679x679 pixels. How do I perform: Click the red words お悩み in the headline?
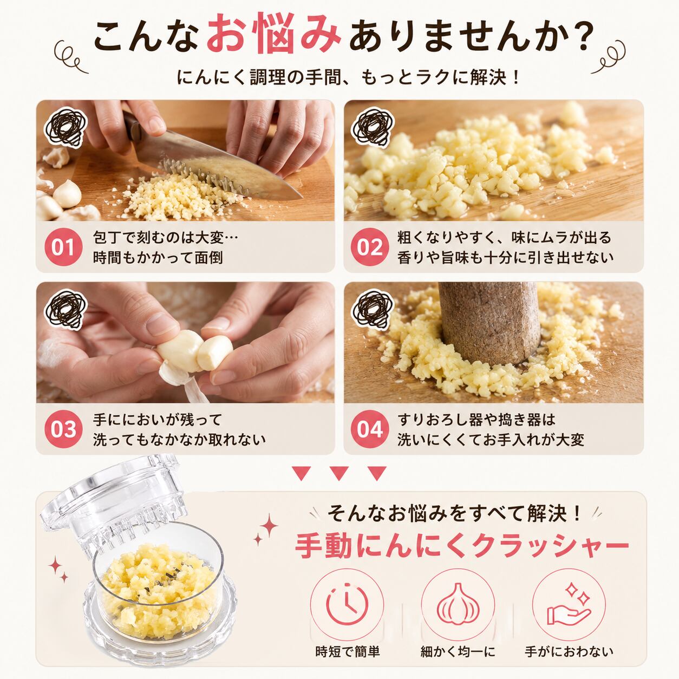point(273,34)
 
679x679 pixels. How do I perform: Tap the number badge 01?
point(63,247)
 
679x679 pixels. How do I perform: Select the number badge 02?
point(370,247)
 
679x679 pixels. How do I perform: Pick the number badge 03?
point(63,429)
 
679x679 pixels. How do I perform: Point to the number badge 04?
point(370,429)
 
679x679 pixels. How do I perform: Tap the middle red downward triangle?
point(339,474)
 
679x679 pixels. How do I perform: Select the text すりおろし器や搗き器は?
point(476,419)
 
